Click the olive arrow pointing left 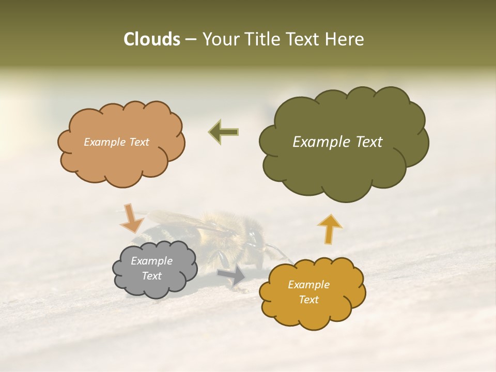tap(224, 132)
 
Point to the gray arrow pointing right tap(232, 276)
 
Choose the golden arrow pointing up tap(329, 228)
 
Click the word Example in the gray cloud tap(151, 261)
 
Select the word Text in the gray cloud tap(151, 276)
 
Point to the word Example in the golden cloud tap(308, 285)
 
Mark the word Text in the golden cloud tap(308, 300)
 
